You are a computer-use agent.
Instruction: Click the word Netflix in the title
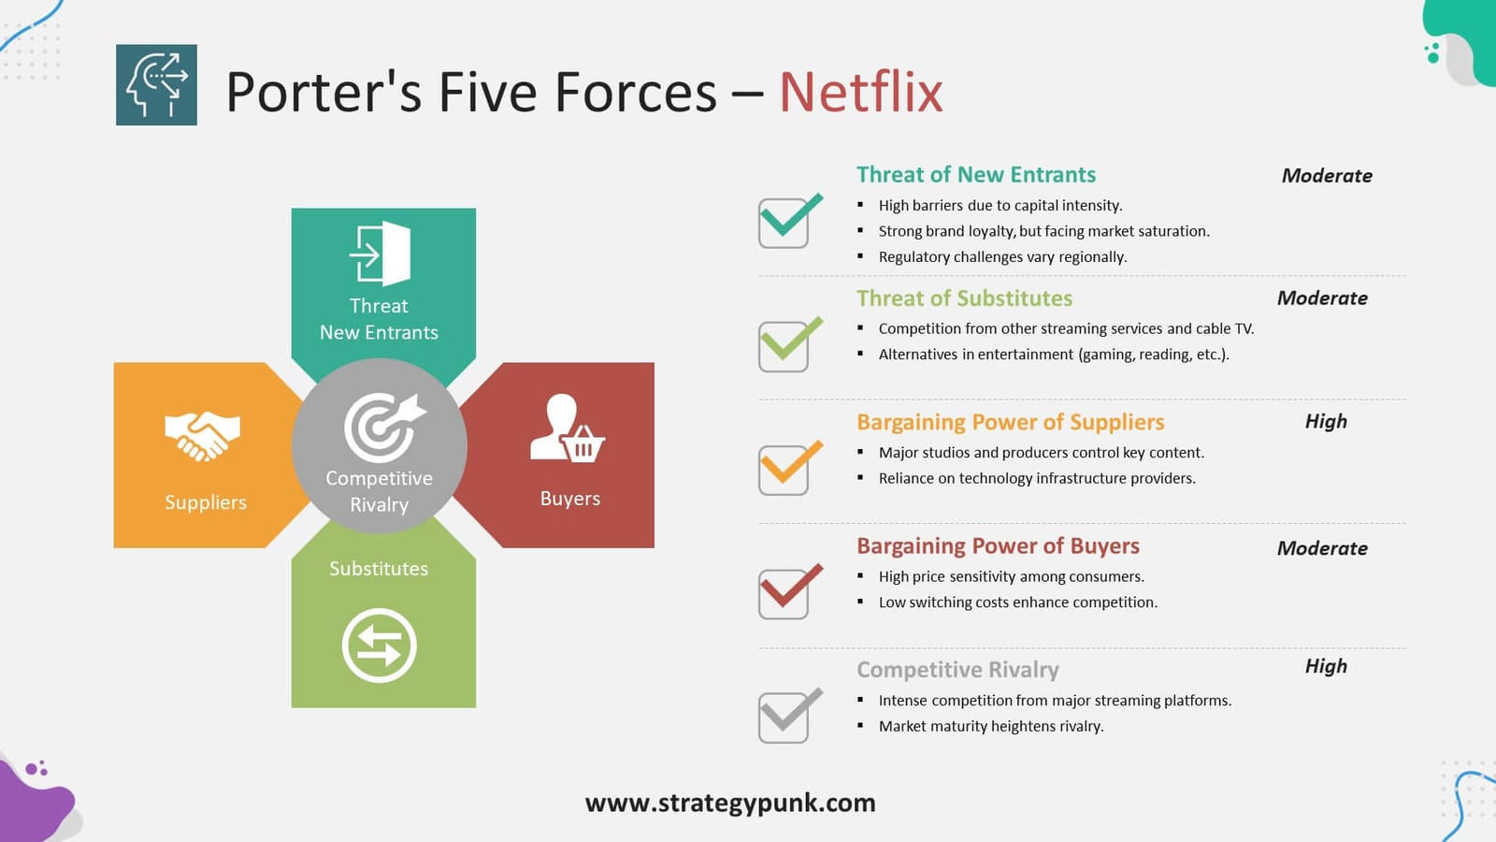pyautogui.click(x=860, y=92)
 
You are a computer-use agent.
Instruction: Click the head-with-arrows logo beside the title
pyautogui.click(x=156, y=85)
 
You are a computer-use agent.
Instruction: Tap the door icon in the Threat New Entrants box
pyautogui.click(x=381, y=253)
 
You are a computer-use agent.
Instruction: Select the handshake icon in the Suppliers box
pyautogui.click(x=202, y=435)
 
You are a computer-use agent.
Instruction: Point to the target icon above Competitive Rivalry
pyautogui.click(x=382, y=427)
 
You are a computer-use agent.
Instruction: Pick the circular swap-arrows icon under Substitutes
pyautogui.click(x=379, y=646)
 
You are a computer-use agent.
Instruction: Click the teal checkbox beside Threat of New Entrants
pyautogui.click(x=785, y=223)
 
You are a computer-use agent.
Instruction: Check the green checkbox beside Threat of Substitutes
pyautogui.click(x=785, y=345)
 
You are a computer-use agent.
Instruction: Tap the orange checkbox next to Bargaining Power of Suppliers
pyautogui.click(x=785, y=470)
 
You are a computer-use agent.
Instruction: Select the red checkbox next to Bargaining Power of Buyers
pyautogui.click(x=785, y=593)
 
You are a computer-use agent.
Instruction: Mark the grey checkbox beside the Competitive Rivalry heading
pyautogui.click(x=785, y=717)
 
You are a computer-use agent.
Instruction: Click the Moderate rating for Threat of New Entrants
pyautogui.click(x=1327, y=176)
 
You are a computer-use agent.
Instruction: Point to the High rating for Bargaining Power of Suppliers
pyautogui.click(x=1326, y=422)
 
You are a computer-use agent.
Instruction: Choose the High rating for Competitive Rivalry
pyautogui.click(x=1326, y=666)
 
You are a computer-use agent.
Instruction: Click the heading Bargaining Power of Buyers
pyautogui.click(x=998, y=546)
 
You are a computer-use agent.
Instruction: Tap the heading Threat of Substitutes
pyautogui.click(x=964, y=298)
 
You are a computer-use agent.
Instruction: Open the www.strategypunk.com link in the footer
pyautogui.click(x=730, y=803)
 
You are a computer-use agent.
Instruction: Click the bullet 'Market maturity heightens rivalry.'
pyautogui.click(x=991, y=726)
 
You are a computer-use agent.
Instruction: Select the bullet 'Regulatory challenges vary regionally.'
pyautogui.click(x=1002, y=257)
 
